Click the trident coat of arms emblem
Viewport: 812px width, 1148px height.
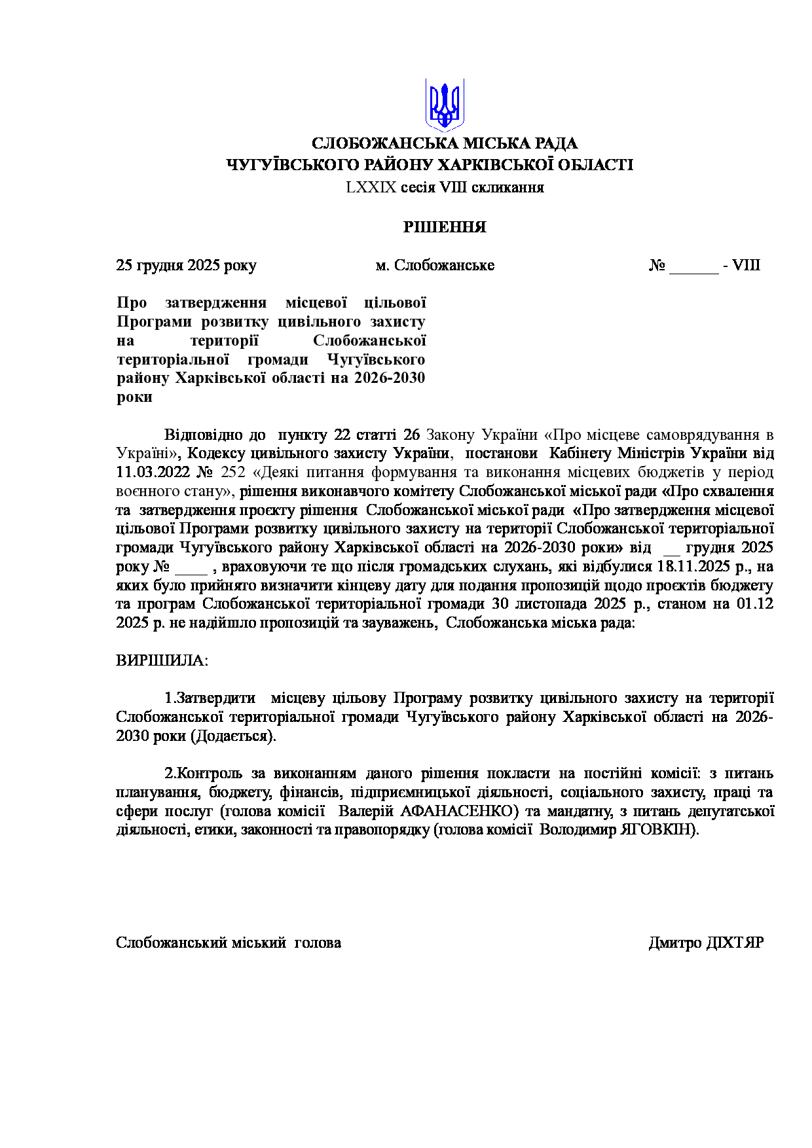445,104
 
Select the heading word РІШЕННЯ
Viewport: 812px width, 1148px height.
445,227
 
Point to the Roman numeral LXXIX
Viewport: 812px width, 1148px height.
371,188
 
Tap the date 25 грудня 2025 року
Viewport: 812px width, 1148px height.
186,265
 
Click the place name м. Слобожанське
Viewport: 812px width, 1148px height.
435,265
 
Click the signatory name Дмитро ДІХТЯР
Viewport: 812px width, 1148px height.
706,943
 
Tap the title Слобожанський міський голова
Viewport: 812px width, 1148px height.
229,943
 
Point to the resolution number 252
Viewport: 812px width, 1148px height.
233,473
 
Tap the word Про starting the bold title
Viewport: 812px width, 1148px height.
132,303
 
